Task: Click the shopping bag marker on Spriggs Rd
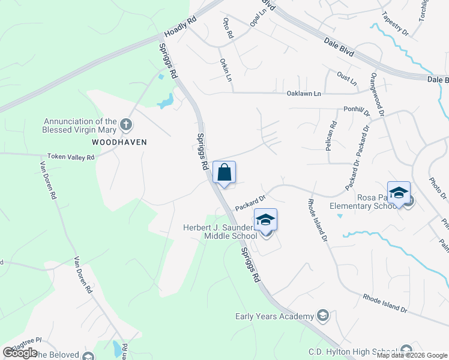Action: pyautogui.click(x=224, y=173)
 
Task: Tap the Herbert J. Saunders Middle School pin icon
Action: pyautogui.click(x=265, y=221)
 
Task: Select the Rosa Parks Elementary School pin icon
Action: pyautogui.click(x=399, y=194)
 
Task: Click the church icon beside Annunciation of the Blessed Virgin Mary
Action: pyautogui.click(x=125, y=125)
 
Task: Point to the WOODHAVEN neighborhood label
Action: pyautogui.click(x=119, y=142)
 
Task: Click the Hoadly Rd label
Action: pyautogui.click(x=179, y=28)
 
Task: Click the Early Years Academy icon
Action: pyautogui.click(x=323, y=316)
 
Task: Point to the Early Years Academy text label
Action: pyautogui.click(x=274, y=316)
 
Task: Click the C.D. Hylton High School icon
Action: pyautogui.click(x=406, y=351)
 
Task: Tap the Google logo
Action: pyautogui.click(x=20, y=353)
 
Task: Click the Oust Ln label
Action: pyautogui.click(x=347, y=77)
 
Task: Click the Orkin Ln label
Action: pyautogui.click(x=226, y=70)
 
